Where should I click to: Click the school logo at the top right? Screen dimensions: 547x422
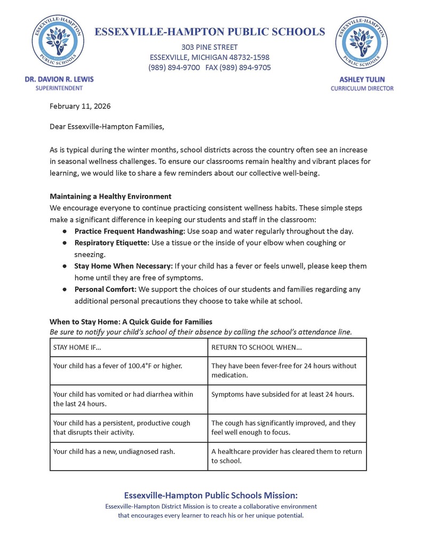tap(362, 41)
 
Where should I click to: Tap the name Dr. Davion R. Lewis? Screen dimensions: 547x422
tap(59, 79)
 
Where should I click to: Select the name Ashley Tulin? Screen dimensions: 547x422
tap(362, 79)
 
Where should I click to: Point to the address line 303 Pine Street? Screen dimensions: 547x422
tap(209, 47)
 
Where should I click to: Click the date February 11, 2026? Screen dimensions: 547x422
tap(80, 106)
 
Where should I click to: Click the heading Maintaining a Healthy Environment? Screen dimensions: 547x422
tap(110, 196)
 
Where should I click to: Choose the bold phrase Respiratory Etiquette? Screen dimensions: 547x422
tap(112, 243)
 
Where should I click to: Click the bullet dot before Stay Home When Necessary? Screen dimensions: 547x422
tap(63, 265)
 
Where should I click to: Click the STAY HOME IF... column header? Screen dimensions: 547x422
tap(77, 348)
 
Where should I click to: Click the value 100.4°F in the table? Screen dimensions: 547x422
tap(137, 366)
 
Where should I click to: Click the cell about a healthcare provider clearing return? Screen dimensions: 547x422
tap(286, 456)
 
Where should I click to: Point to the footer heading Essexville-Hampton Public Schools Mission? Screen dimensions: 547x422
tap(211, 495)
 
